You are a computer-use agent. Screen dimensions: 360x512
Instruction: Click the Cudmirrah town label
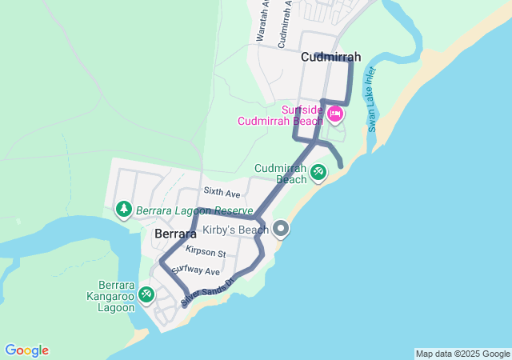[331, 58]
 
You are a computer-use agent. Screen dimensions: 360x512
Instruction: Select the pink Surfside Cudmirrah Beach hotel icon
[334, 114]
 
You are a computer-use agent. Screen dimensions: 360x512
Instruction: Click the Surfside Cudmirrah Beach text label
[280, 115]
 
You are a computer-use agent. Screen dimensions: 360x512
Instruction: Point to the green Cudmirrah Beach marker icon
[318, 171]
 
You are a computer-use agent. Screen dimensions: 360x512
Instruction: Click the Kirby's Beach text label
[235, 230]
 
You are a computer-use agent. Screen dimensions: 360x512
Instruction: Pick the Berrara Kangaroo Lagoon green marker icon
[146, 294]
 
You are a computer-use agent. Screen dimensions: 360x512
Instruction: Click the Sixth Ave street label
[222, 193]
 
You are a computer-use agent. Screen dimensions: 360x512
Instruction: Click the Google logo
[26, 350]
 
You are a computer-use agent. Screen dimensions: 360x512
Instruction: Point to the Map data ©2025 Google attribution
[462, 354]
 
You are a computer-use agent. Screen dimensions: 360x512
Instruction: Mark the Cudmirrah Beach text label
[281, 174]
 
